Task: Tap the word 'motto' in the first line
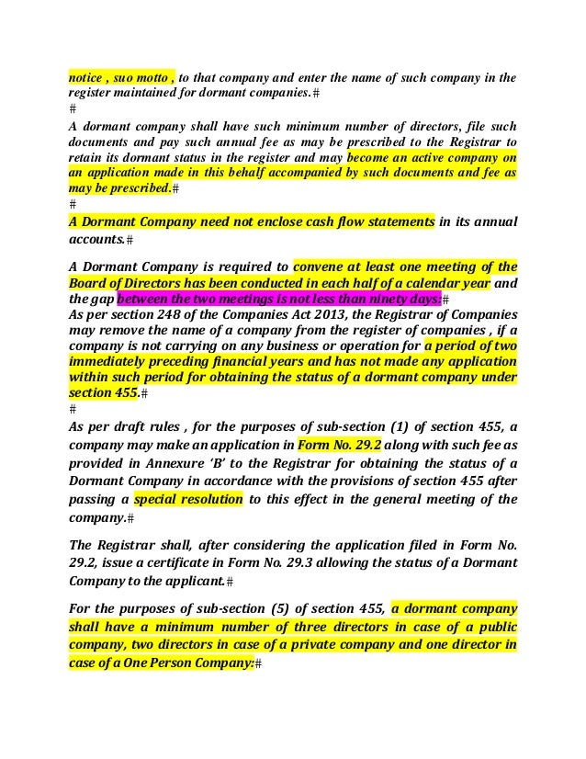tap(143, 78)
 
